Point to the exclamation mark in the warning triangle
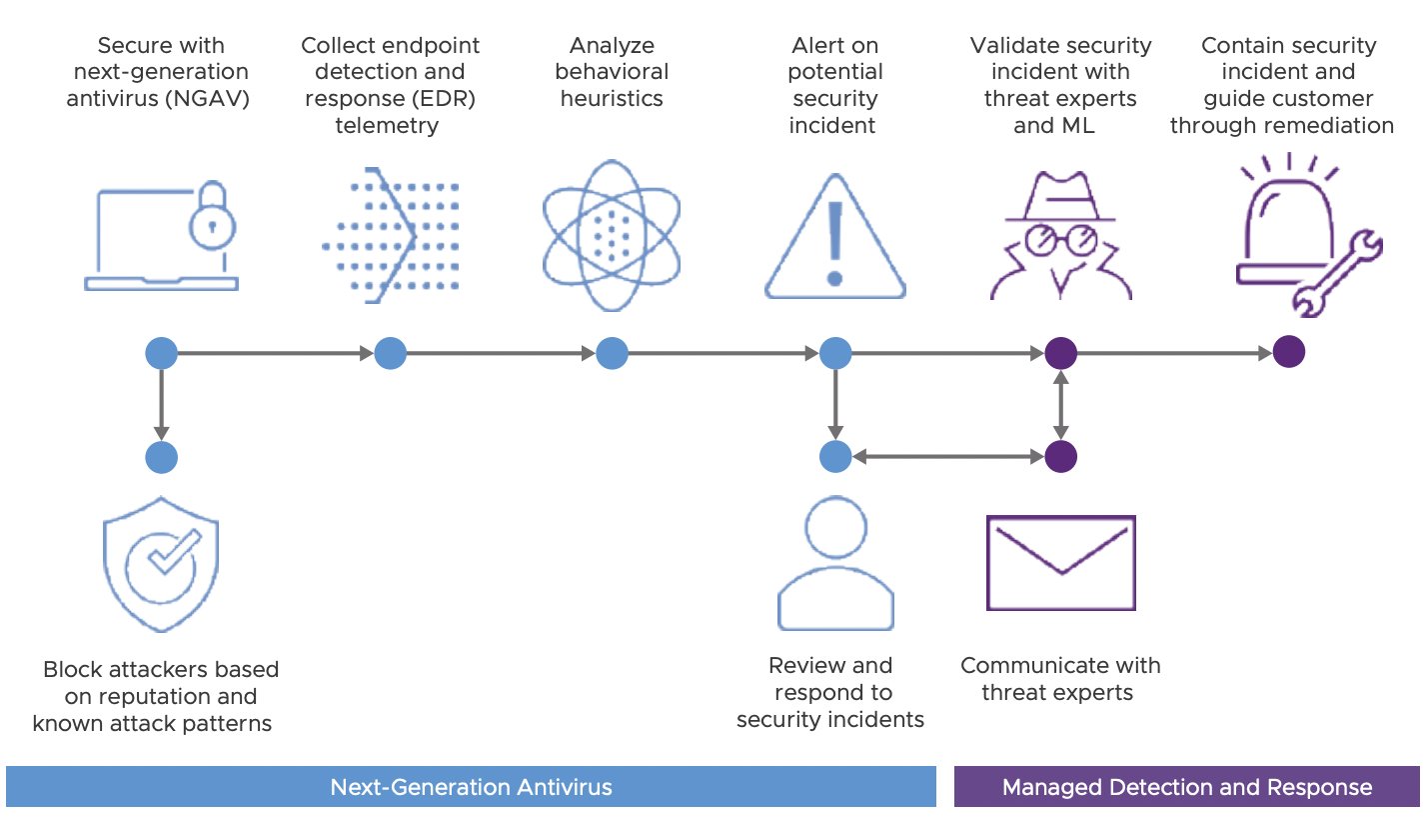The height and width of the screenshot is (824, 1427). click(x=835, y=241)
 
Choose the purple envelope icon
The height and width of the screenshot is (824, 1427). click(x=1060, y=563)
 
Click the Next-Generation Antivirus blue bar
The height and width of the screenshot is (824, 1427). click(x=471, y=787)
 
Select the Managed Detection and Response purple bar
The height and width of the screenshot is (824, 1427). click(x=1186, y=787)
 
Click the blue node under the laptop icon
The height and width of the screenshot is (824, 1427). click(x=161, y=353)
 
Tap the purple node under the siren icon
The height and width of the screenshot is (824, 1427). click(x=1289, y=353)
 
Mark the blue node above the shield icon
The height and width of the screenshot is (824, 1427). click(x=161, y=457)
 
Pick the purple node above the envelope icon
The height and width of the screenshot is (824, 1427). click(x=1060, y=457)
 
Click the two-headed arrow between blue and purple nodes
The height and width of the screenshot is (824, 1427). click(x=947, y=457)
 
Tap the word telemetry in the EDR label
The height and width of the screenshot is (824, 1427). click(x=390, y=125)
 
